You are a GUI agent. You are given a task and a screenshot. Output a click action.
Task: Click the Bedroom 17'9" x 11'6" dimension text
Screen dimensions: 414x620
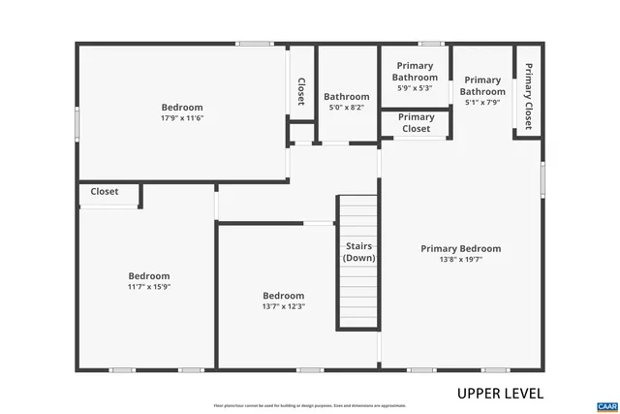182,118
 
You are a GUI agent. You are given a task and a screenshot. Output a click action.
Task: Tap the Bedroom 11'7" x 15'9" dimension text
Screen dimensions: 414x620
148,287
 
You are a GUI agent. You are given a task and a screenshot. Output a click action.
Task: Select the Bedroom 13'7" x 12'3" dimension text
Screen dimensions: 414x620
284,306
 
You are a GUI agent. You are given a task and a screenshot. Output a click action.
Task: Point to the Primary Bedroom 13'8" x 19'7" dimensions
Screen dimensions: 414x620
460,260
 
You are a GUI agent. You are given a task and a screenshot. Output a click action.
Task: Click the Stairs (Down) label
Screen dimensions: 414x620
359,252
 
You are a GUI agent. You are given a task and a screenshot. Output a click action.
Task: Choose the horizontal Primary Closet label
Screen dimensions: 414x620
416,122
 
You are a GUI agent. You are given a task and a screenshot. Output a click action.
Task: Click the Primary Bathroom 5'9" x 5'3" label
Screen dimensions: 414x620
415,77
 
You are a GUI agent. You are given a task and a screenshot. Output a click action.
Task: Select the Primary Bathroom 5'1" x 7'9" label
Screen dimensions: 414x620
482,91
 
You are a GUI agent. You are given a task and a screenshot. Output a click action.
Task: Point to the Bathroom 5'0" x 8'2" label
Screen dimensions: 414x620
346,102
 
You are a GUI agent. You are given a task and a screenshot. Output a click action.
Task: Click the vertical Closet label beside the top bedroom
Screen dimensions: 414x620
300,91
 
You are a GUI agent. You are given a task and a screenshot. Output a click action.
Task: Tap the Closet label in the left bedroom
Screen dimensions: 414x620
105,192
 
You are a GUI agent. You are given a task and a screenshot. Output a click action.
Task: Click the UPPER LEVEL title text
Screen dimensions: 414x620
500,394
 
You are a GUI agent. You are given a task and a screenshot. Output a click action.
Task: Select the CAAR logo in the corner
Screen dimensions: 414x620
606,405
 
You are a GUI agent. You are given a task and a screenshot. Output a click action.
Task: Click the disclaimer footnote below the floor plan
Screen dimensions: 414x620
310,405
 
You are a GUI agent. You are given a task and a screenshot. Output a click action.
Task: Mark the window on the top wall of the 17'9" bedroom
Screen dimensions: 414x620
255,43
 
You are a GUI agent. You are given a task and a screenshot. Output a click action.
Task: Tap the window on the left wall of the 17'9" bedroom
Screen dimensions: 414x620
77,124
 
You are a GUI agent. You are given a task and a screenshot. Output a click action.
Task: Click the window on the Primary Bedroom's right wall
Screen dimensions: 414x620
542,183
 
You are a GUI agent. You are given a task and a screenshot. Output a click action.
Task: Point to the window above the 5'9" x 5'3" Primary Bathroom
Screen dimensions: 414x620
430,43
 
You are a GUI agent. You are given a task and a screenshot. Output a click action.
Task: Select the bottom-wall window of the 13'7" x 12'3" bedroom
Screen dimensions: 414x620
310,369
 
